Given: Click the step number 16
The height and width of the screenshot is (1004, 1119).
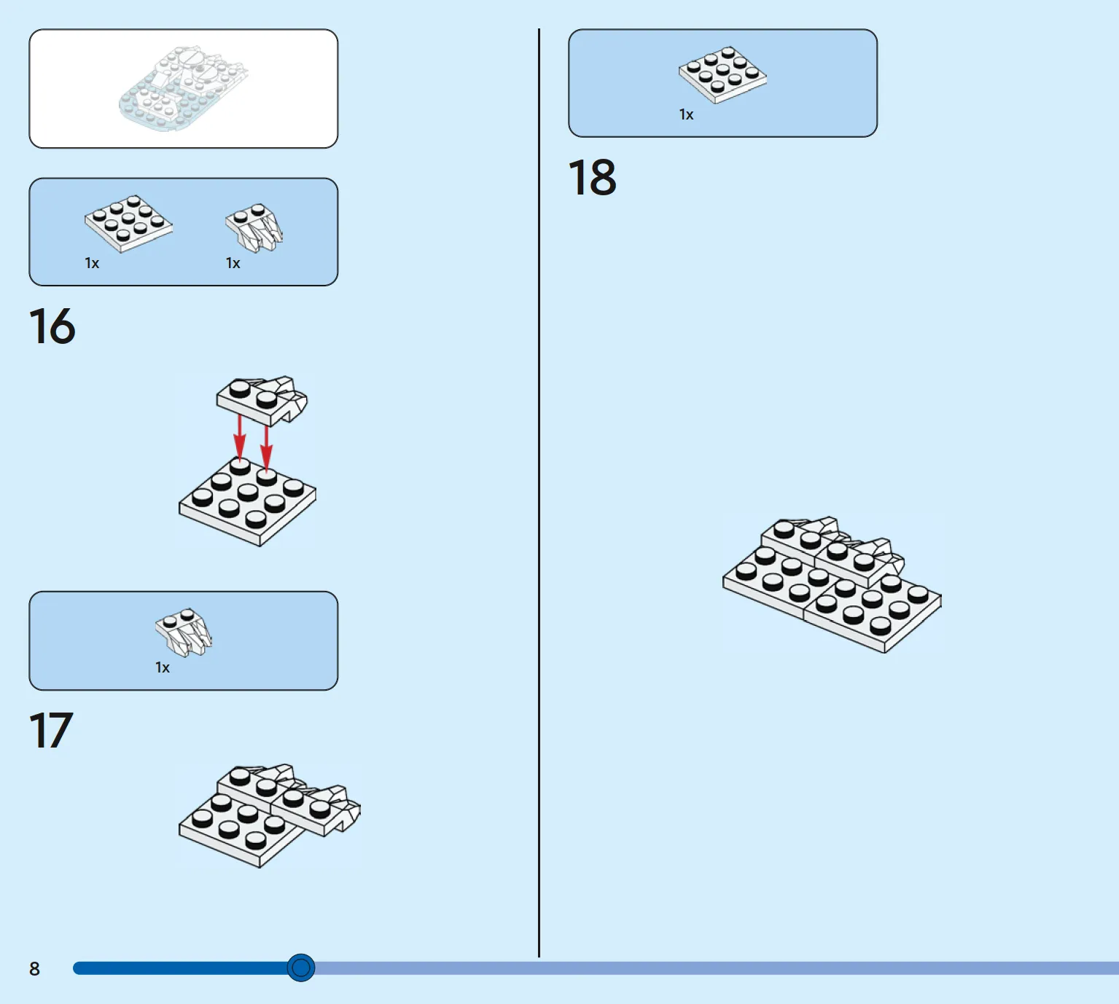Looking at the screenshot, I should (x=52, y=326).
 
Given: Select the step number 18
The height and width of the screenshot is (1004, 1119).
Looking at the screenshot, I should (x=592, y=177).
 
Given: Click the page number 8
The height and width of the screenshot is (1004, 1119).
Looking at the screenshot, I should (x=34, y=968).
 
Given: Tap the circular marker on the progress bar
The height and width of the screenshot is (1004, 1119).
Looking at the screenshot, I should (x=300, y=968).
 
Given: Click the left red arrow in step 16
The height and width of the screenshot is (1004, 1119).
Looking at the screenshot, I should (x=239, y=436).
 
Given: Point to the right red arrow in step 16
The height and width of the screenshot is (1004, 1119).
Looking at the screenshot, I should (x=266, y=446).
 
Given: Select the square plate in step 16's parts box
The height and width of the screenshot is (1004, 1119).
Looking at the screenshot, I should (x=128, y=223).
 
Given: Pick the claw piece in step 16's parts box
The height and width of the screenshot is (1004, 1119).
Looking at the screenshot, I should (x=254, y=227).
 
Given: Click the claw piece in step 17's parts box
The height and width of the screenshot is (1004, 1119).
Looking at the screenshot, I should (x=184, y=631).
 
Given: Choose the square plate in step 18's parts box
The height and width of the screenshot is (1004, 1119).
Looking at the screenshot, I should (x=722, y=74).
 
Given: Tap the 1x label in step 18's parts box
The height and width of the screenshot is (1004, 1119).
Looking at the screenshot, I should (x=686, y=114).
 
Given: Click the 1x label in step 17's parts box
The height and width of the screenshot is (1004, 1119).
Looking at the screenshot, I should (x=162, y=667).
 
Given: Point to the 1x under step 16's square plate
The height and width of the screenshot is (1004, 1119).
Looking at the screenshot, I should (x=92, y=263).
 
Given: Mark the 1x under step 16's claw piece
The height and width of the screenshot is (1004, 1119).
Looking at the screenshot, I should (x=233, y=263).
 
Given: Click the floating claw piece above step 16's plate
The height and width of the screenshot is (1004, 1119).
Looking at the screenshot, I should (x=262, y=399).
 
